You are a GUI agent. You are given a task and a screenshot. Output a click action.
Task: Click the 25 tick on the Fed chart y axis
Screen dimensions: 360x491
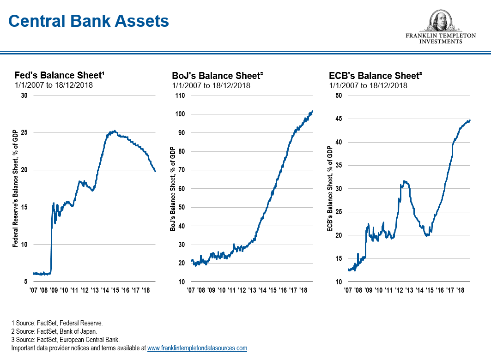click(x=24, y=133)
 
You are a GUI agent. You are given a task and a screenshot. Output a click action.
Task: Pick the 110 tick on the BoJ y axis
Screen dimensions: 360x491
click(x=179, y=96)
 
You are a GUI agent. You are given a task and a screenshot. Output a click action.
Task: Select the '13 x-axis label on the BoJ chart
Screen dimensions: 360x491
click(x=252, y=290)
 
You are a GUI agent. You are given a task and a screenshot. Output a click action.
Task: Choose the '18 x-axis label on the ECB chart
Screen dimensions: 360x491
click(x=460, y=290)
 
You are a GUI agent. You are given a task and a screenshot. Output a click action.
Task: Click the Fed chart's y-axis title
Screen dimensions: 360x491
click(x=15, y=188)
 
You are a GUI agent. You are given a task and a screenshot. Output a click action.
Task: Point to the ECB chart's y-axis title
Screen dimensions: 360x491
click(x=330, y=188)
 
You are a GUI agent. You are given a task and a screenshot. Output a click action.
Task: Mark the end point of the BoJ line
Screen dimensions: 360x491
click(x=313, y=111)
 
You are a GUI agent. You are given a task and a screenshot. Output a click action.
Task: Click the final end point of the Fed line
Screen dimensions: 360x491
click(x=156, y=172)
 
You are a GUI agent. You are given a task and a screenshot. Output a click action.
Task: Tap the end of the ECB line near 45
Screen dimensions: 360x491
click(x=470, y=120)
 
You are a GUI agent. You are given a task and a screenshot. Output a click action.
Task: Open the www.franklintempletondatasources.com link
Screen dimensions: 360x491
click(x=197, y=348)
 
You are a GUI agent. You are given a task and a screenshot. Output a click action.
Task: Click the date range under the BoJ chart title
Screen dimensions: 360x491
click(x=211, y=85)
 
